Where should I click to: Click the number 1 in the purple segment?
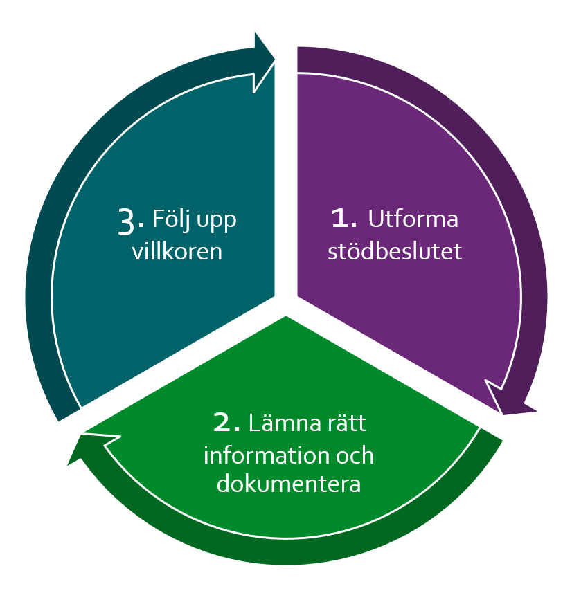343,219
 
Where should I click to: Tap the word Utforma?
413,219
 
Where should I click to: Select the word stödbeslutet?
394,251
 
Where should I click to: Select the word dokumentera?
289,484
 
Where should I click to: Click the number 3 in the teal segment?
127,221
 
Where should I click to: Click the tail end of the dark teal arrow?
67,412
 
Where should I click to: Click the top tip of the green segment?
285,317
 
